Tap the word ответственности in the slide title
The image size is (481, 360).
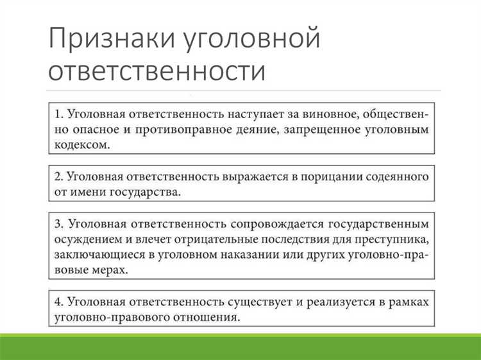click(x=156, y=70)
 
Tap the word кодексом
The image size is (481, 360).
click(x=81, y=146)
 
